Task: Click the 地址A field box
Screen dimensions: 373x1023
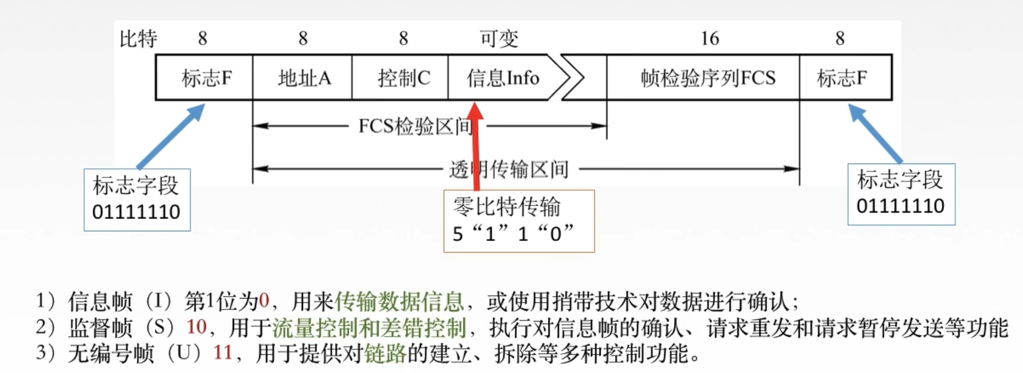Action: point(302,78)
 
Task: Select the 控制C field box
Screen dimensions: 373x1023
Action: point(400,78)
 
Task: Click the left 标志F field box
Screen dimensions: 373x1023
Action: point(204,78)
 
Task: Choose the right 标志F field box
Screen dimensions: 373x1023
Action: point(845,78)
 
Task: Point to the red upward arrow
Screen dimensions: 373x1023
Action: point(476,145)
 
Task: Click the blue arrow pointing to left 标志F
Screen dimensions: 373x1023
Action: point(171,136)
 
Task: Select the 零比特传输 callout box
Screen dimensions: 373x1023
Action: point(519,221)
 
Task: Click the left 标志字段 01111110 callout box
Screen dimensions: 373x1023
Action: point(137,200)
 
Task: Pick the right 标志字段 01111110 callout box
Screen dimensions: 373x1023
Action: point(901,194)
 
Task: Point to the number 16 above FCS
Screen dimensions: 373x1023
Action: point(710,39)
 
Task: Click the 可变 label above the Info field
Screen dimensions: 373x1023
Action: point(499,39)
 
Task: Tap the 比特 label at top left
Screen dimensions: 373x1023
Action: point(139,39)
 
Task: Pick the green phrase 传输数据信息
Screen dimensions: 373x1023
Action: point(399,301)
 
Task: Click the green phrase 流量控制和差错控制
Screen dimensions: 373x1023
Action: point(370,328)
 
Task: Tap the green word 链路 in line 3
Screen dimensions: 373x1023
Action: point(385,353)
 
